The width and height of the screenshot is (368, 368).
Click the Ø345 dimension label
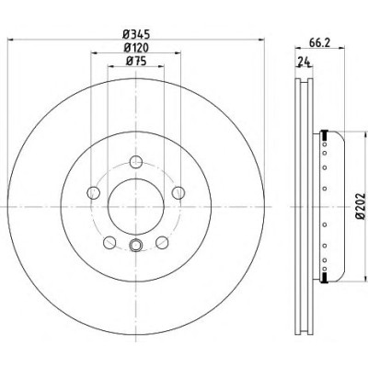click(x=136, y=34)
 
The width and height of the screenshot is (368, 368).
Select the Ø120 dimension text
click(x=136, y=48)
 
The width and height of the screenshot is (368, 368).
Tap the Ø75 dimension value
click(x=136, y=62)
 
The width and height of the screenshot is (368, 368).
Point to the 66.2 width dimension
click(x=319, y=43)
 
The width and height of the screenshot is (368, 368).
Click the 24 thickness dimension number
click(x=304, y=62)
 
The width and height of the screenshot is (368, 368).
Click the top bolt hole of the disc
click(x=136, y=162)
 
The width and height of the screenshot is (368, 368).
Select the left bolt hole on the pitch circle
click(x=94, y=193)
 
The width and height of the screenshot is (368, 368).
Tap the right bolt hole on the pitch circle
click(x=178, y=193)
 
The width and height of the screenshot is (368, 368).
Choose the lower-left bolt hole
click(x=109, y=243)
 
